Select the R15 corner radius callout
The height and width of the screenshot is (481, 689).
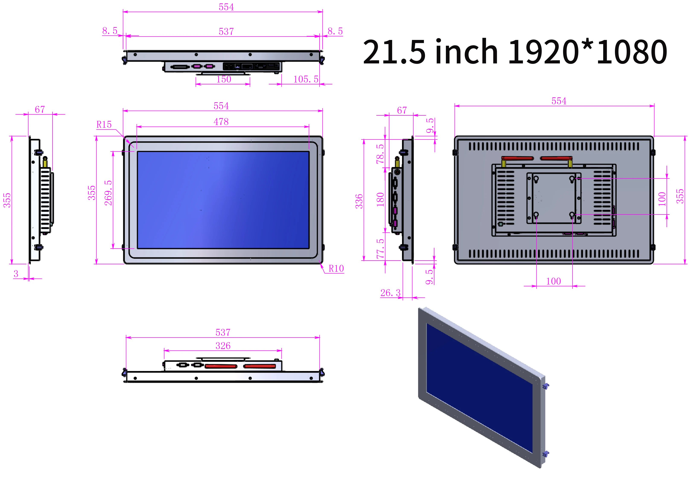[104, 124]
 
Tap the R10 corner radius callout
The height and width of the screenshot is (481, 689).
[336, 268]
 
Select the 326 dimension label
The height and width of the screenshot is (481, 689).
[223, 346]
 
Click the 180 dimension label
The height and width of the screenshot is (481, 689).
[380, 199]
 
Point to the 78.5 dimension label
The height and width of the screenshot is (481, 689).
[380, 154]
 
